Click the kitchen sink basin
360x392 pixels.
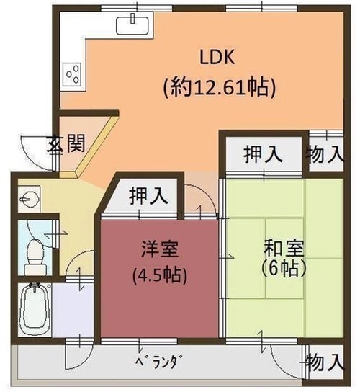[x=132, y=23]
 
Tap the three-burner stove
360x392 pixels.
[x=72, y=74]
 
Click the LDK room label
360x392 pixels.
[x=217, y=57]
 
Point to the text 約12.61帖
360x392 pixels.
[x=220, y=87]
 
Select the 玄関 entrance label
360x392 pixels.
[x=67, y=143]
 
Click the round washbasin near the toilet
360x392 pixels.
[x=29, y=200]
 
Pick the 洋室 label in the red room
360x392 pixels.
[x=160, y=249]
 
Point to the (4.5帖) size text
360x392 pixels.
[x=160, y=275]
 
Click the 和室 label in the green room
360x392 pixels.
[x=284, y=248]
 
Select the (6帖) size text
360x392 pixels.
[x=284, y=269]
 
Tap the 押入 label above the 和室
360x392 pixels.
[x=263, y=154]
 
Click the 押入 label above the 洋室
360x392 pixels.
[x=148, y=196]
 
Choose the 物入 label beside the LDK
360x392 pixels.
[x=325, y=154]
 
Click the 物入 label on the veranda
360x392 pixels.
[x=325, y=362]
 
